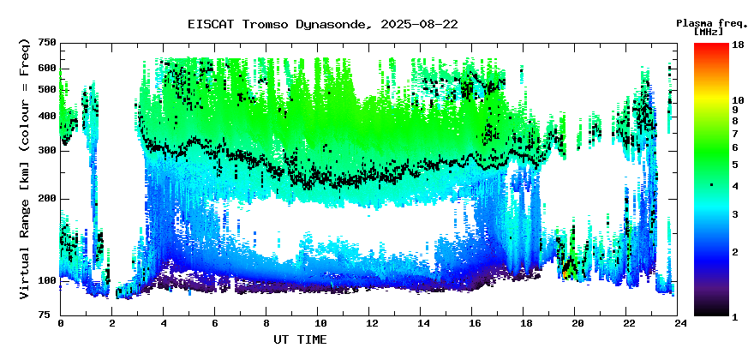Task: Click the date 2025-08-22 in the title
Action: point(419,25)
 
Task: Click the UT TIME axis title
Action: point(300,339)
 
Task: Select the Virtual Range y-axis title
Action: point(25,170)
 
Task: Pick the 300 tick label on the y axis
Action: point(49,151)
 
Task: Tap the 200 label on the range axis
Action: point(49,199)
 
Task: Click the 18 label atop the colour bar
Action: point(738,45)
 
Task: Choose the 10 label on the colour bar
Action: point(738,100)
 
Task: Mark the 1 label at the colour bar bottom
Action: point(735,318)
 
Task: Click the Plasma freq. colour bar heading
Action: point(712,23)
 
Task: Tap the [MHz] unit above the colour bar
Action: point(709,32)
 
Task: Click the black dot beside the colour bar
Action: point(712,185)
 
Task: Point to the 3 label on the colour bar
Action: point(735,214)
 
